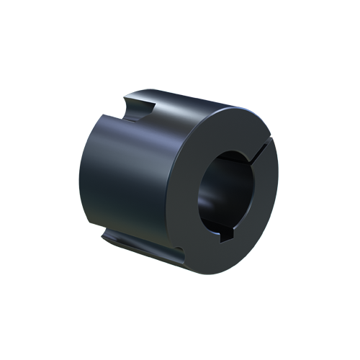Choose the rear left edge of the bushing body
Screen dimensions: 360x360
point(80,173)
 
